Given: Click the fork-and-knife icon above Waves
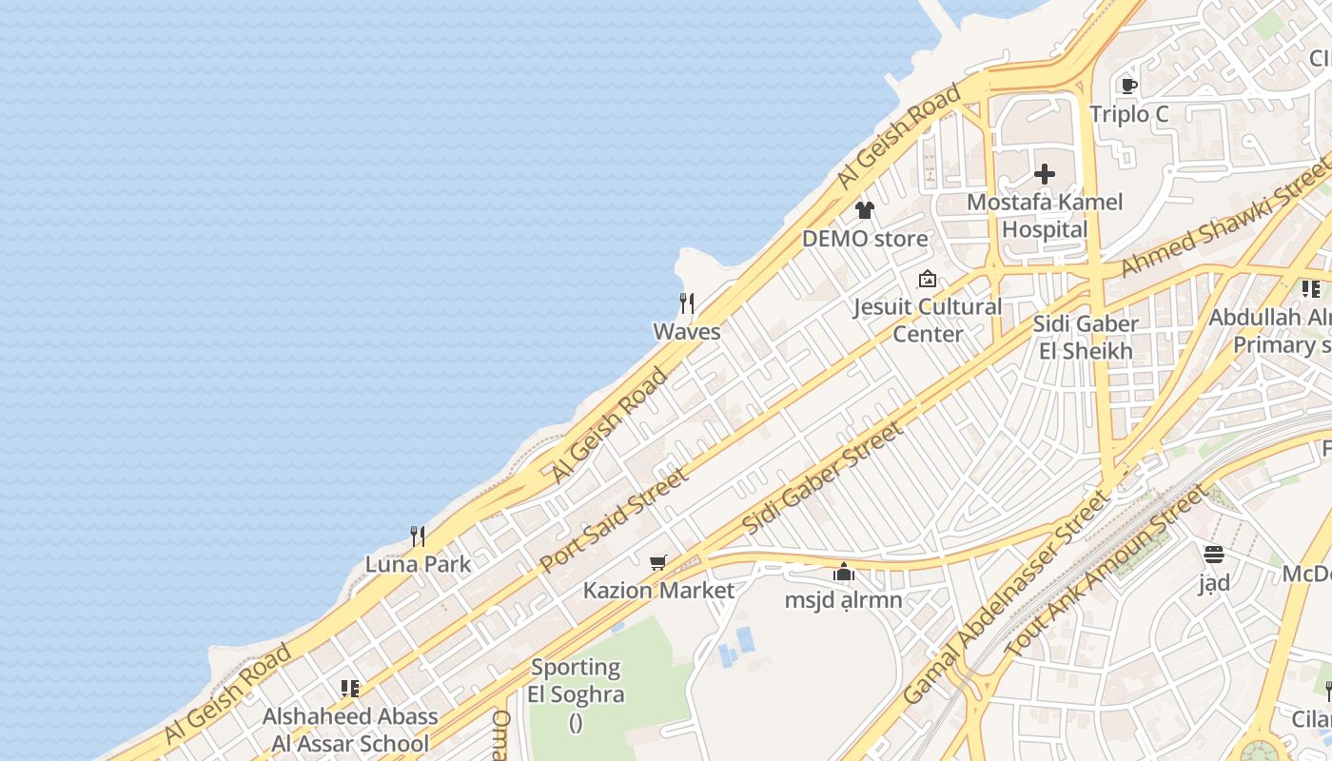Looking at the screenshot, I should pyautogui.click(x=687, y=303).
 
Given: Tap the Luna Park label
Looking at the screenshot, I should pyautogui.click(x=418, y=564).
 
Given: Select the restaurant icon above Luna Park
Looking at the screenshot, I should pyautogui.click(x=418, y=537).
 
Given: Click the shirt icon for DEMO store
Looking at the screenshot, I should pyautogui.click(x=864, y=210).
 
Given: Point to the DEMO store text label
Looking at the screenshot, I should pyautogui.click(x=864, y=239).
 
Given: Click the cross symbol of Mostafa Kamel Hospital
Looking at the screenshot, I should pyautogui.click(x=1045, y=174).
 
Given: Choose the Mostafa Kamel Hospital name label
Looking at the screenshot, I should pyautogui.click(x=1045, y=216).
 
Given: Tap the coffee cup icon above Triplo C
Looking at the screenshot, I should pyautogui.click(x=1129, y=87).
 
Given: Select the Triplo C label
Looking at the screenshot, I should pyautogui.click(x=1129, y=114).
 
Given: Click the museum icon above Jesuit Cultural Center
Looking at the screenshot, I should pyautogui.click(x=928, y=279).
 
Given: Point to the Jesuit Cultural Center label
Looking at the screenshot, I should pyautogui.click(x=928, y=320).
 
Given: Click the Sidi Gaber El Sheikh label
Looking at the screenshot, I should pyautogui.click(x=1086, y=338).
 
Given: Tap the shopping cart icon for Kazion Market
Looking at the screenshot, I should pyautogui.click(x=658, y=563).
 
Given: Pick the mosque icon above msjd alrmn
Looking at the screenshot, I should pyautogui.click(x=843, y=573).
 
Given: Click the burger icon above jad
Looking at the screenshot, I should pyautogui.click(x=1214, y=555).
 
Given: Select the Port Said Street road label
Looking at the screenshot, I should pyautogui.click(x=615, y=520).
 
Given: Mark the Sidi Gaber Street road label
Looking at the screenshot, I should pyautogui.click(x=823, y=478).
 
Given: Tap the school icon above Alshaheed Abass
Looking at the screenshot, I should pyautogui.click(x=350, y=688).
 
